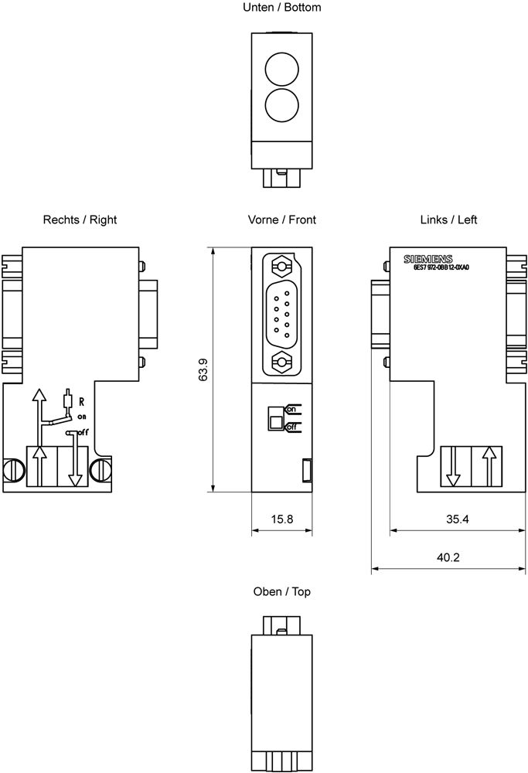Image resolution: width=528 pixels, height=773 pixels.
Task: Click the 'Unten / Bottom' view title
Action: tap(281, 8)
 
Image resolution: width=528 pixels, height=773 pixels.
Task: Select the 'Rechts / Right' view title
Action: tap(80, 220)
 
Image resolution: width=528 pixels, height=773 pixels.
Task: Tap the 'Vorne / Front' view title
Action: tap(281, 220)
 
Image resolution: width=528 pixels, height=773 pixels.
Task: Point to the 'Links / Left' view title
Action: tap(448, 220)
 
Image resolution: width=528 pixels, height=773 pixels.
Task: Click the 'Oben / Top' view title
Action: tap(281, 591)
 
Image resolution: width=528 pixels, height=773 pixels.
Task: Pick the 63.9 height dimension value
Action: tap(203, 369)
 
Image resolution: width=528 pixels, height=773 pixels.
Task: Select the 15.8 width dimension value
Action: tap(281, 519)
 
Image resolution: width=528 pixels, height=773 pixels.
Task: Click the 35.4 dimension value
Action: tap(457, 519)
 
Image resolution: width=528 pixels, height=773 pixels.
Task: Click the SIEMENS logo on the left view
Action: tap(428, 259)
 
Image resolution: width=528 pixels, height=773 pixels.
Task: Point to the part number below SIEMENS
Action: tap(441, 267)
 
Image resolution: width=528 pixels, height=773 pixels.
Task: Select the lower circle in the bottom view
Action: tap(281, 103)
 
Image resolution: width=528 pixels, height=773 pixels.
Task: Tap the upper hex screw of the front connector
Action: tap(281, 267)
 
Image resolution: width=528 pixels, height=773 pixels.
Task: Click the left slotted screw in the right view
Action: tap(14, 469)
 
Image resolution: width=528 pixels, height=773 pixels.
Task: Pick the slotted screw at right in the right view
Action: tap(100, 469)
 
